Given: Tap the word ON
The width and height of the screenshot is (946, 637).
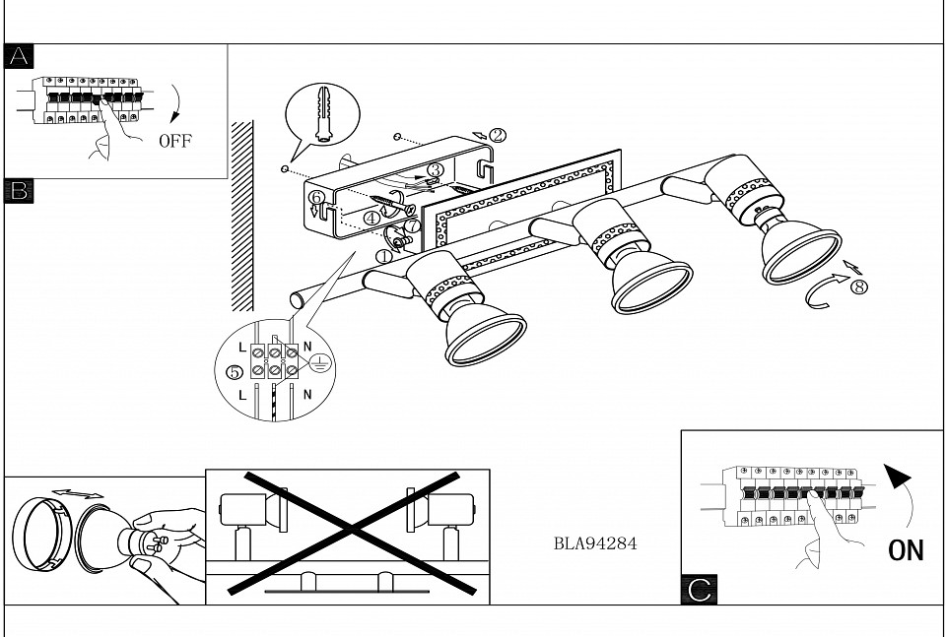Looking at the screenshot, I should pyautogui.click(x=906, y=549).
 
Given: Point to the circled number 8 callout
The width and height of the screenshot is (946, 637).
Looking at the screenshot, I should pyautogui.click(x=859, y=287).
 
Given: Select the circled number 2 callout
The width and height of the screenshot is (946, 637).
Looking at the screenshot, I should pyautogui.click(x=497, y=135).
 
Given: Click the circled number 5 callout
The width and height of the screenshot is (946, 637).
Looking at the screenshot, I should pyautogui.click(x=234, y=372).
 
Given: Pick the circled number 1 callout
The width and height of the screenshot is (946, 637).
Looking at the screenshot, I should pyautogui.click(x=383, y=255).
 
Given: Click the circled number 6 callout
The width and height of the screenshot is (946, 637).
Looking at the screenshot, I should pyautogui.click(x=316, y=197).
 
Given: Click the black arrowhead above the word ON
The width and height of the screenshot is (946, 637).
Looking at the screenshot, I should pyautogui.click(x=895, y=478).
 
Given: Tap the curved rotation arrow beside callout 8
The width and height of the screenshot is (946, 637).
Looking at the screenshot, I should pyautogui.click(x=823, y=294).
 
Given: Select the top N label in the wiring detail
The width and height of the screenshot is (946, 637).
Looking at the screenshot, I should pyautogui.click(x=306, y=348).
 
